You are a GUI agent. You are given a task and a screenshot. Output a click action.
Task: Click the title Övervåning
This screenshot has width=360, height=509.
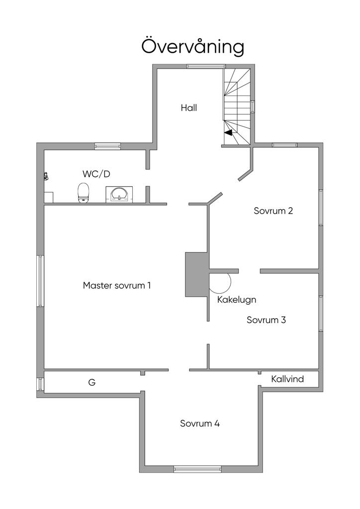(193, 47)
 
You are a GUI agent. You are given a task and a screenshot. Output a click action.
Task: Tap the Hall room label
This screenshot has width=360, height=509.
(189, 107)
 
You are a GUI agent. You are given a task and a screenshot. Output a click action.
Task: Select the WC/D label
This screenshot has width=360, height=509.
(96, 174)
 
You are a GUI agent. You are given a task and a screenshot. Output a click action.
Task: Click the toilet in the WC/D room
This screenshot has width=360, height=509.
(84, 193)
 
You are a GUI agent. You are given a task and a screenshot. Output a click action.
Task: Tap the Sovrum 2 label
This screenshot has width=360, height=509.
(273, 210)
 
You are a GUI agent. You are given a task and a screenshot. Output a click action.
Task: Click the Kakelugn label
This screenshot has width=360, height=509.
(237, 300)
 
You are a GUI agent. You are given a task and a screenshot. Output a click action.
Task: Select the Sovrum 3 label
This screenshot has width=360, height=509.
(266, 320)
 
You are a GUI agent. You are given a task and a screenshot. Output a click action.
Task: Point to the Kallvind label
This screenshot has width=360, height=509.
(287, 379)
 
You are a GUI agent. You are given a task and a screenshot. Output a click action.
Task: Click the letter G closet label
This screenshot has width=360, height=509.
(91, 383)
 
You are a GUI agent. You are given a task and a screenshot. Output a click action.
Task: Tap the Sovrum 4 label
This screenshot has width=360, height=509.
(200, 424)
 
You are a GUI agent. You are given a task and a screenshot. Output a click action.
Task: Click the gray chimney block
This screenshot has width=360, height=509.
(196, 275)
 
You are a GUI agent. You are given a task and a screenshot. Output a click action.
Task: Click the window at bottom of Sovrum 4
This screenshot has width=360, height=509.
(197, 469)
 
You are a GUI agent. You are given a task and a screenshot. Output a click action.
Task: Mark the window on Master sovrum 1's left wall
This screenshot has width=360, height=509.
(40, 281)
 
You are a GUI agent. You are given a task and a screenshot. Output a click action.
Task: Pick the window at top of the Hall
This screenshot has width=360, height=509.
(206, 66)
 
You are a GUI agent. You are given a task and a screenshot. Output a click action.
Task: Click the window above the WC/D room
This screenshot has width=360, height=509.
(108, 146)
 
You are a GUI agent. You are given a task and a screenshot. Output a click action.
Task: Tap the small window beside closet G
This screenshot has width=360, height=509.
(40, 384)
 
